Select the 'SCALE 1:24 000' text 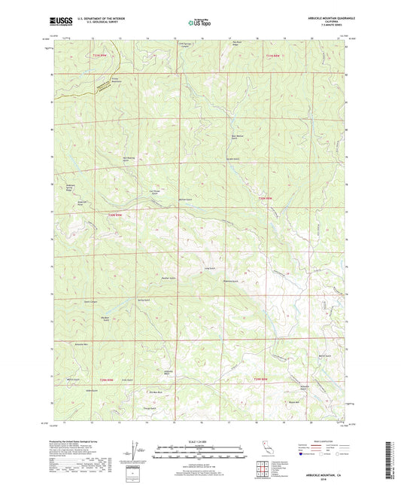[x=200, y=442]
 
